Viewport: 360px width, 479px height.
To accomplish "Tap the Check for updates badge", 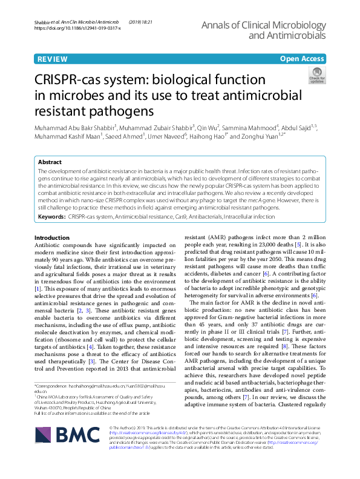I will pyautogui.click(x=316, y=76).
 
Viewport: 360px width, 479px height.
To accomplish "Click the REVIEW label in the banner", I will pyautogui.click(x=52, y=59).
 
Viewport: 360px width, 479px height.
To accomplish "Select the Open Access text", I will pyautogui.click(x=302, y=59).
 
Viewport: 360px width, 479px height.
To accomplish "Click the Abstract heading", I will pyautogui.click(x=50, y=163).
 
